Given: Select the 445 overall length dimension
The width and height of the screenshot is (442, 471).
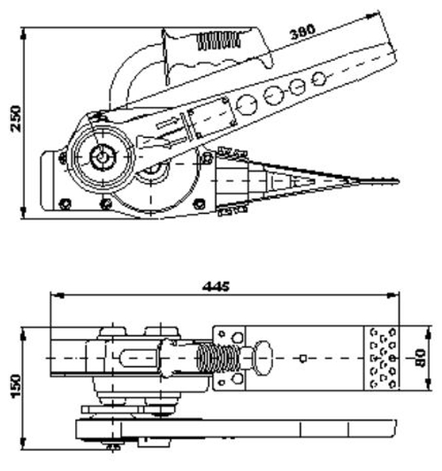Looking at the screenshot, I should click(215, 285).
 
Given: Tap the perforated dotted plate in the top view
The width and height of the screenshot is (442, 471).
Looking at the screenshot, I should click(382, 357).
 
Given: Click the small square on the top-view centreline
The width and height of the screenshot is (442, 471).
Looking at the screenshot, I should click(302, 358).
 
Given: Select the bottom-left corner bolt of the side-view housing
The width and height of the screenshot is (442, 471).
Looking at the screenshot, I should click(64, 205).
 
